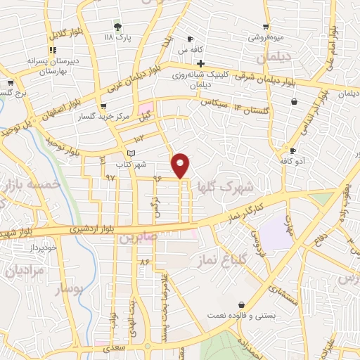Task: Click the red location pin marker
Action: pyautogui.click(x=181, y=165)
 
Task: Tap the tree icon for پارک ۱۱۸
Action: pyautogui.click(x=117, y=27)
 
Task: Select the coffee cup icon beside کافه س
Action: pyautogui.click(x=190, y=39)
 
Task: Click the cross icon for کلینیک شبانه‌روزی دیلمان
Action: pyautogui.click(x=200, y=64)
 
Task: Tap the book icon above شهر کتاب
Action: pyautogui.click(x=131, y=153)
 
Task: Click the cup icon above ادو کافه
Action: pyautogui.click(x=292, y=150)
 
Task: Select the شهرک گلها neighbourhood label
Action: pyautogui.click(x=234, y=188)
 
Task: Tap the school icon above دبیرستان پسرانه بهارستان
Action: pyautogui.click(x=52, y=50)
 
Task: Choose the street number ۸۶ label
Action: pyautogui.click(x=146, y=262)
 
